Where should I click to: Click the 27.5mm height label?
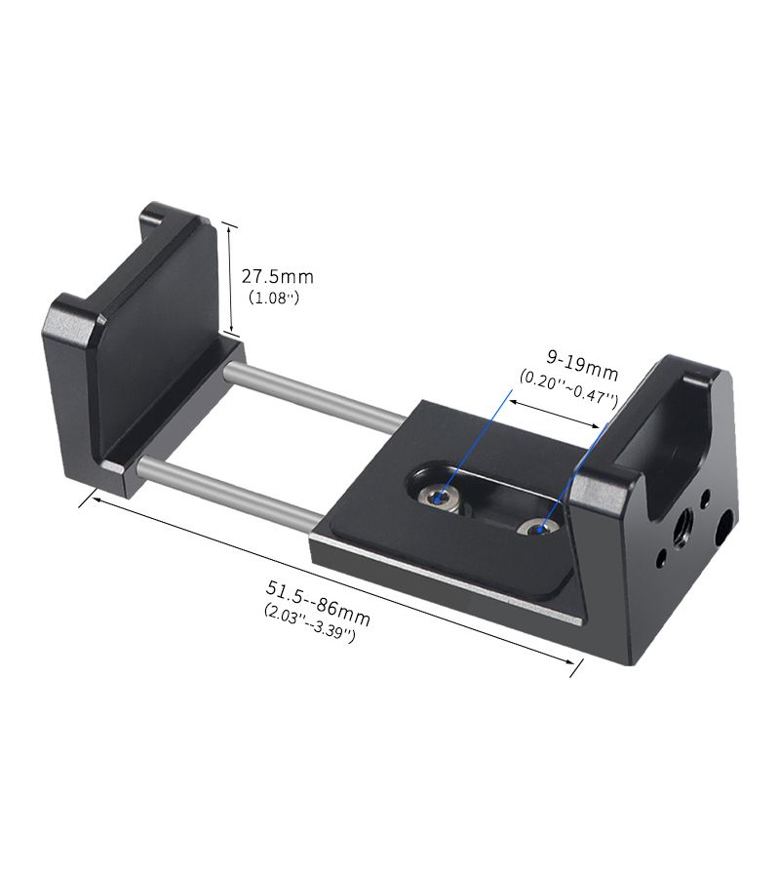coord(277,277)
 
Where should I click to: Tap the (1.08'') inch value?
coord(274,298)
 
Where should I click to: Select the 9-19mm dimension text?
coord(582,366)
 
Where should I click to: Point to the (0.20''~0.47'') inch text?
coord(568,388)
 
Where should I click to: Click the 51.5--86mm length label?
coord(317,603)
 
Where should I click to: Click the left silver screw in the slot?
coord(441,496)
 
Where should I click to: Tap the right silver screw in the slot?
coord(538,528)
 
